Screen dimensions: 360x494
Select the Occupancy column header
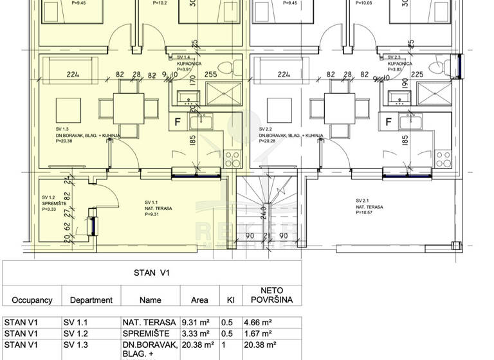(32, 300)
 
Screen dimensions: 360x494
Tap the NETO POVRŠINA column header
(271, 295)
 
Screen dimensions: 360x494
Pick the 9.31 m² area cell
(197, 323)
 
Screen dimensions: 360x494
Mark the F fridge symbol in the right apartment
(389, 121)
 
